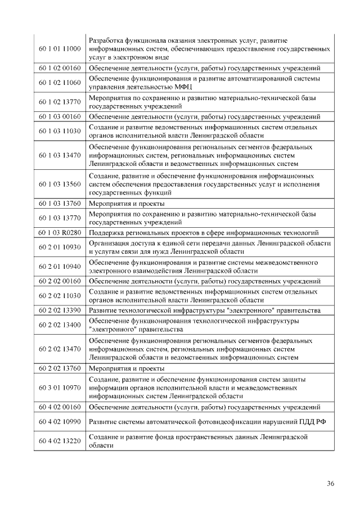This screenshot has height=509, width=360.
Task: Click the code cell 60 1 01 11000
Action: click(60, 49)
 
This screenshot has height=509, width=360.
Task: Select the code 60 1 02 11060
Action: click(60, 82)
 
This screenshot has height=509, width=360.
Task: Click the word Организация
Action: click(109, 243)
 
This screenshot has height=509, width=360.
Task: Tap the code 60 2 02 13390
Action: click(60, 310)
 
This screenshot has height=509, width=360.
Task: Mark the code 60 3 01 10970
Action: click(60, 388)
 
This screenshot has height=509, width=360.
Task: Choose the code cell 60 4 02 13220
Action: click(60, 441)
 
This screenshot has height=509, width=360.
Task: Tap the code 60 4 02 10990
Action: click(60, 422)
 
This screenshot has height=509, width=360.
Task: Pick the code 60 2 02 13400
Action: click(60, 325)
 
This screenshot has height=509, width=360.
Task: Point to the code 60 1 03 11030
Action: click(60, 131)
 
